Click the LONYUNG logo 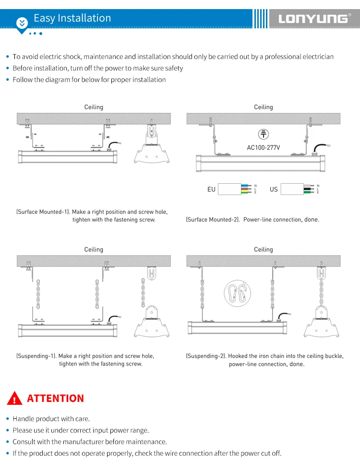313,19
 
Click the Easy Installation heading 72,18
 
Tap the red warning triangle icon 15,398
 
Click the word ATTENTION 55,398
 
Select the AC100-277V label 264,147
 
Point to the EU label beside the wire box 211,189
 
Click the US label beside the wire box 274,189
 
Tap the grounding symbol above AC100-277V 264,134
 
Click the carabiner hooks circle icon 238,292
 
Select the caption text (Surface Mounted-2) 213,219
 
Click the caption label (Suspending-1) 36,356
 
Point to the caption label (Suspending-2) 206,356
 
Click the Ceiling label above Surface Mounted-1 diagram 94,107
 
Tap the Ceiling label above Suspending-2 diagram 263,249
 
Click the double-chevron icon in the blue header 22,22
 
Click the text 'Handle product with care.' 51,419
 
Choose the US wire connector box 297,189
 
